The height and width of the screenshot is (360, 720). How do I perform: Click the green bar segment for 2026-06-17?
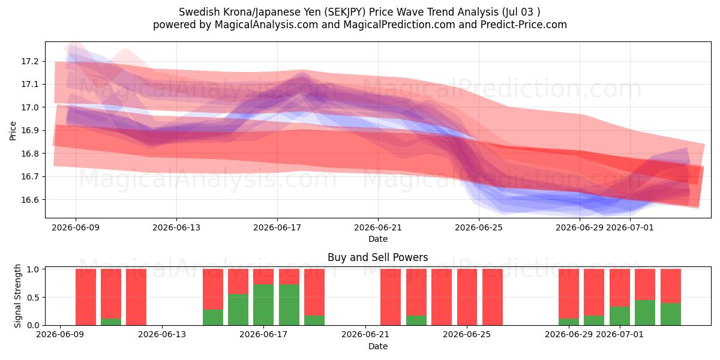tap(263, 305)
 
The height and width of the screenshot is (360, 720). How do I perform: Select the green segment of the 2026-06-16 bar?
tap(238, 310)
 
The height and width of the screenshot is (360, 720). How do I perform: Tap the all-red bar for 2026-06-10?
tap(86, 297)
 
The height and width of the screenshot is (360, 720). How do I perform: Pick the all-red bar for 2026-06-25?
tap(467, 297)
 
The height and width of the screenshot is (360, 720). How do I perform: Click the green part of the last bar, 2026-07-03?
tap(671, 314)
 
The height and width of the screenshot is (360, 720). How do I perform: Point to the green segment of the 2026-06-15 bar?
tap(213, 317)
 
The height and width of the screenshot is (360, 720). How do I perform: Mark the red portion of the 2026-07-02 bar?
tap(645, 284)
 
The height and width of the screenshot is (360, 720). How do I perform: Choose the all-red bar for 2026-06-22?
tap(391, 297)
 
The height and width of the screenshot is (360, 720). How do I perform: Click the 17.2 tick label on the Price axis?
tap(29, 61)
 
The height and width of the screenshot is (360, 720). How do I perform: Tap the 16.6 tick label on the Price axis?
tap(29, 200)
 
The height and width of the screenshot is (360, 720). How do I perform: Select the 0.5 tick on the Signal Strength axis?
tap(34, 298)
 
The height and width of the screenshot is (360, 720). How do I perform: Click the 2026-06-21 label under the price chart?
tap(378, 227)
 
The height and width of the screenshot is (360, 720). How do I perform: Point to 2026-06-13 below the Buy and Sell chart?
tap(162, 334)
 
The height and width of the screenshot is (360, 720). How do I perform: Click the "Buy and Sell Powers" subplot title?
tap(377, 257)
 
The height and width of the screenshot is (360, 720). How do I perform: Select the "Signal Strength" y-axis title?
tap(17, 296)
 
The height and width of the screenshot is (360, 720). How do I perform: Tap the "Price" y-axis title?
tap(13, 131)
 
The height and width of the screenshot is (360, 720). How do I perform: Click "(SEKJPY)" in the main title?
tap(344, 12)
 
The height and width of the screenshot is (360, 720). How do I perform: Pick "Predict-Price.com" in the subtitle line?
tap(524, 25)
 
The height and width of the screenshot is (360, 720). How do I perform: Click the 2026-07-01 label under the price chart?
tap(630, 227)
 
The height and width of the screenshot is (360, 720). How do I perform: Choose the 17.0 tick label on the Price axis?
tap(29, 107)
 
